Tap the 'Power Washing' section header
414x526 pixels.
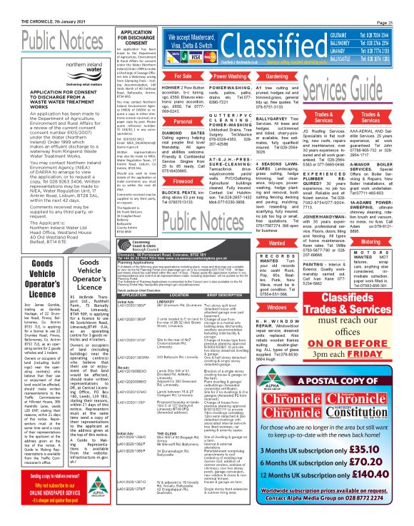228,75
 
